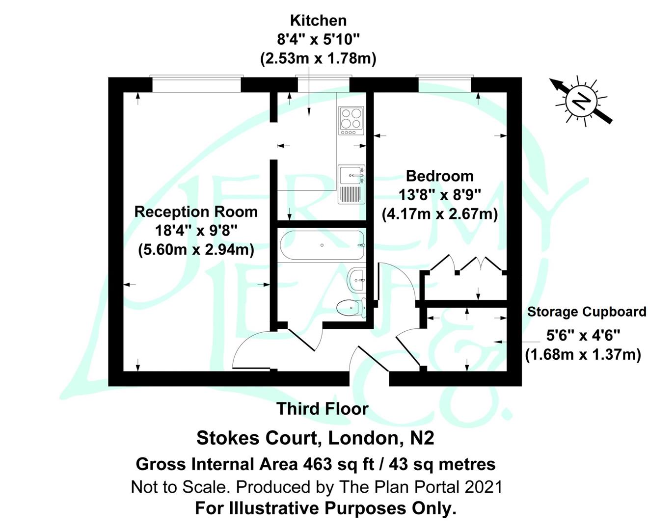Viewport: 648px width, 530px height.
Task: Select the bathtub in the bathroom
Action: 322,245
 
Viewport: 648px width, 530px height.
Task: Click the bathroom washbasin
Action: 356,280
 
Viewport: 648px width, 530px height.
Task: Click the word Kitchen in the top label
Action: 318,21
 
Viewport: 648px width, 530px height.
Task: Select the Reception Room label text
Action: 196,212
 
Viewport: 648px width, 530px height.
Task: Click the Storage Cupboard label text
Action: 586,312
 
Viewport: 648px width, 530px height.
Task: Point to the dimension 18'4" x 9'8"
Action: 196,231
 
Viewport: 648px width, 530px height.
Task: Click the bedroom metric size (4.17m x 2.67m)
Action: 439,214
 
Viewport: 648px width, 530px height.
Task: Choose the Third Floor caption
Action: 322,409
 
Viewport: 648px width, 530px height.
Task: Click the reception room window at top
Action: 196,84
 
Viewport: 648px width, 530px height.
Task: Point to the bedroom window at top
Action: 444,83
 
